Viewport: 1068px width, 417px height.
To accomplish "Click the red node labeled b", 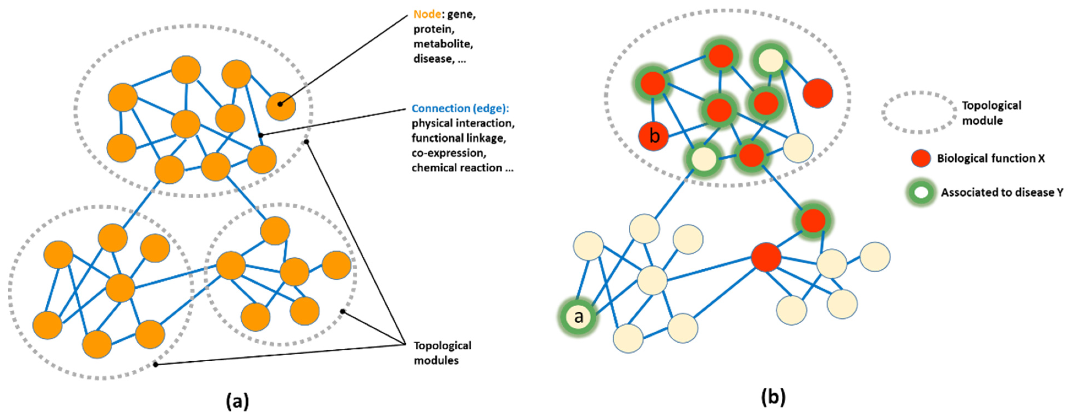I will tap(654, 136).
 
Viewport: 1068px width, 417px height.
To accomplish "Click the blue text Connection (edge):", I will tap(460, 109).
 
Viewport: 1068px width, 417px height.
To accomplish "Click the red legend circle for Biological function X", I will tap(921, 158).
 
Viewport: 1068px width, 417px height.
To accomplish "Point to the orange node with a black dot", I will tap(281, 106).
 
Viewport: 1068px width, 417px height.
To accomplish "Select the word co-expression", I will tap(449, 153).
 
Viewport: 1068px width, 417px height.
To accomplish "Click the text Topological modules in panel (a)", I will tap(442, 353).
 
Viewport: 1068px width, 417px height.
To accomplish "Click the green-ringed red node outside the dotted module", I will tap(813, 221).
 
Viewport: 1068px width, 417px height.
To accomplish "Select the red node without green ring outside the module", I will tap(766, 257).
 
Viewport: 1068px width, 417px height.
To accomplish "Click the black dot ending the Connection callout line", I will tap(261, 135).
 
